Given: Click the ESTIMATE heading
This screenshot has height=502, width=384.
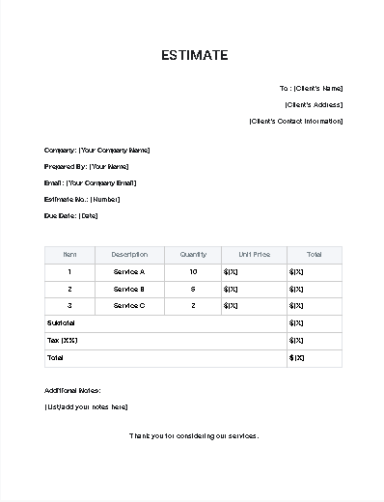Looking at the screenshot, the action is pos(194,55).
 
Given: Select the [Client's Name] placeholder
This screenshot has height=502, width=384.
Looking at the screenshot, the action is pos(318,88).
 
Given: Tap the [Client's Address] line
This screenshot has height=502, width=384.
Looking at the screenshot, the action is pos(314,104).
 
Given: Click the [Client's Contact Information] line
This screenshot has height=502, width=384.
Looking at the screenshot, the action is pos(295,121).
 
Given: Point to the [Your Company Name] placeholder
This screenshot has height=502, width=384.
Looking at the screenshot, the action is pos(115,150).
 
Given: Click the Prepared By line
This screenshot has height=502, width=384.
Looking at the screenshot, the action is pos(86,166).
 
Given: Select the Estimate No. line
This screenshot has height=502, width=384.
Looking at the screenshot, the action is pos(82,199).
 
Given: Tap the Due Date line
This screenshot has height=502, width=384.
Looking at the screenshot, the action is pos(71,215).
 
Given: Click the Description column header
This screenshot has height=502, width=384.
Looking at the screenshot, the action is pos(129,255).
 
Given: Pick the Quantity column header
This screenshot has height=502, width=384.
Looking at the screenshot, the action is pos(193,255).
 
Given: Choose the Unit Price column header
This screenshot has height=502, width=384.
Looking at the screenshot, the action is pos(254,255).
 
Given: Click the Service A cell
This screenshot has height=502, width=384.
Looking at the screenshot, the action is pos(129,272).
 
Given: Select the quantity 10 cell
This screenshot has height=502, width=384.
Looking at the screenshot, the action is pos(193,272).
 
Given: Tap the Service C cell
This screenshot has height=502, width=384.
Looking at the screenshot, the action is pos(129,305).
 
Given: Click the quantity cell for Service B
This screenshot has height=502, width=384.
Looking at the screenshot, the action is pos(193,289).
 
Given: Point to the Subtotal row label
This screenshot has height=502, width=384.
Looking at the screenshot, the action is pos(60,322).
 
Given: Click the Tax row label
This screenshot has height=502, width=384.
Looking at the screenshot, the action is pos(62,340).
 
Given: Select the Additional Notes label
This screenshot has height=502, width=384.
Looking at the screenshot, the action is pos(72,390).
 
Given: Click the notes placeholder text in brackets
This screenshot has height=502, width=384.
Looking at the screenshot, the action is pos(86,406).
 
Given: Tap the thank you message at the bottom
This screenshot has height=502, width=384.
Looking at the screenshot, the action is pos(194,435).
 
